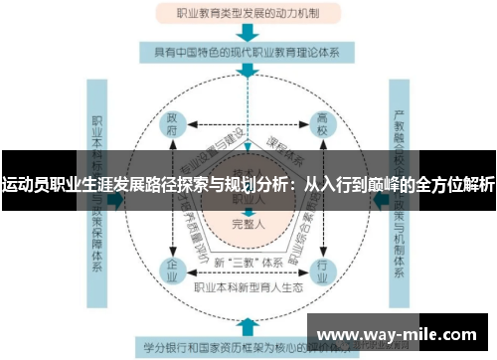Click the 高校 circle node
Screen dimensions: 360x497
(x=322, y=126)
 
